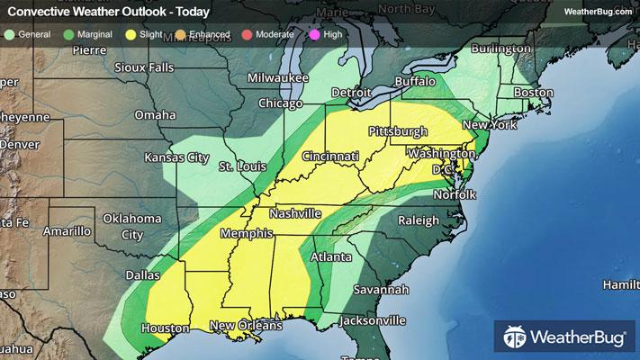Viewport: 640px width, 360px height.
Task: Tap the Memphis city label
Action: (243, 233)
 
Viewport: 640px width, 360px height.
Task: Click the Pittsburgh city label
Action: (397, 131)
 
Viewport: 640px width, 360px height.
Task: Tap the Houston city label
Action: (164, 328)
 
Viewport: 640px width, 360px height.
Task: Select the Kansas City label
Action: (177, 157)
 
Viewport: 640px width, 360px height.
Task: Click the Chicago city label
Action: (281, 103)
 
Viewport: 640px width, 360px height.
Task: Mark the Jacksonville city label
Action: (374, 319)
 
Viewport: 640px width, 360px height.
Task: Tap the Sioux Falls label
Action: (149, 67)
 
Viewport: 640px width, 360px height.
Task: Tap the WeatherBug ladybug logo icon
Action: (516, 339)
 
